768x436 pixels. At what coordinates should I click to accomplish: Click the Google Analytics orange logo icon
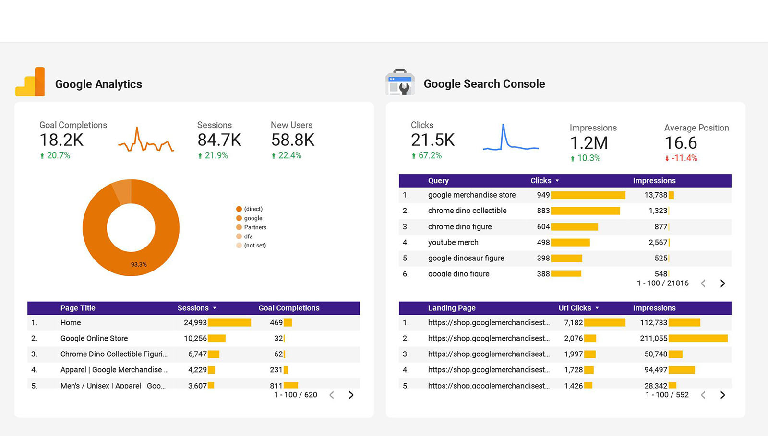coord(30,82)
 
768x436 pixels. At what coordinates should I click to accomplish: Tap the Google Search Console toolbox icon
coord(400,82)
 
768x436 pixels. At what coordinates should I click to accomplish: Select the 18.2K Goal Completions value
coord(61,140)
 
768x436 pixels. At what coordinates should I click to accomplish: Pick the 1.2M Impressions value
coord(588,143)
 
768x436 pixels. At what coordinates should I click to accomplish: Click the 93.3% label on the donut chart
coord(139,264)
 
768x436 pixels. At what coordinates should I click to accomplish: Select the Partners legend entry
coord(255,227)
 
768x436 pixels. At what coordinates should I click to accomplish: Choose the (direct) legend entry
coord(253,209)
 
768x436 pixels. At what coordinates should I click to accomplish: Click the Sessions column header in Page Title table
coord(193,308)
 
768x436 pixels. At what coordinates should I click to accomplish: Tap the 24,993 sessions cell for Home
coord(195,323)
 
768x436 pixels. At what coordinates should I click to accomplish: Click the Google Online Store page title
coord(94,338)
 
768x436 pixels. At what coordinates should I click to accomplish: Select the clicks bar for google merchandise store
coord(588,195)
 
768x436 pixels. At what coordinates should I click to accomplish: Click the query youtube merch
coord(453,242)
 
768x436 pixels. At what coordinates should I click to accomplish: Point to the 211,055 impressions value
coord(653,338)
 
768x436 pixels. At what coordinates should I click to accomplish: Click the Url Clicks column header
coord(575,308)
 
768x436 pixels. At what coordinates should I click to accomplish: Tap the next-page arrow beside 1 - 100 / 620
coord(351,395)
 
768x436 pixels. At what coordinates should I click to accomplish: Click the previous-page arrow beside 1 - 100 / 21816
coord(703,283)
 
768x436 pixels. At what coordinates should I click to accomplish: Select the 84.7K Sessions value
coord(219,140)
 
